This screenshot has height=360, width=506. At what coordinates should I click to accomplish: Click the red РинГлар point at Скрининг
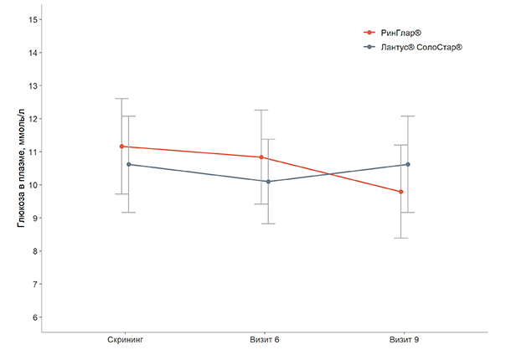point(122,147)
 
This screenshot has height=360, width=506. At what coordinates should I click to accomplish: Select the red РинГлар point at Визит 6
point(261,157)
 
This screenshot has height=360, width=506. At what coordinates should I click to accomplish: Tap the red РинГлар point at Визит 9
point(401,192)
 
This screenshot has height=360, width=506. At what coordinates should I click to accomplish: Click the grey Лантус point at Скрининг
point(128,165)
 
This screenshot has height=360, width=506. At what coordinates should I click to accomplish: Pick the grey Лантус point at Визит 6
point(268,182)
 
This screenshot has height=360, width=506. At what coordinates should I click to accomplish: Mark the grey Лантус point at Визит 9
point(408,165)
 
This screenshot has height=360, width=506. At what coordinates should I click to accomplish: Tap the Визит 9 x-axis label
point(405,341)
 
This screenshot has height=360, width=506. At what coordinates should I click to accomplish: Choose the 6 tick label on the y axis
point(33,317)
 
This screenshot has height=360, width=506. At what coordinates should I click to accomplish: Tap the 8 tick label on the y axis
point(33,251)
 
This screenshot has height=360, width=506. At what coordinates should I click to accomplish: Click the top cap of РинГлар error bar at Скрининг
point(122,99)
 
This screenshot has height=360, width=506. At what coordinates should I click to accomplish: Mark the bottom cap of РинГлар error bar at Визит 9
point(401,239)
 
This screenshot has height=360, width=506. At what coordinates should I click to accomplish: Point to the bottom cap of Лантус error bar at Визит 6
point(268,224)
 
